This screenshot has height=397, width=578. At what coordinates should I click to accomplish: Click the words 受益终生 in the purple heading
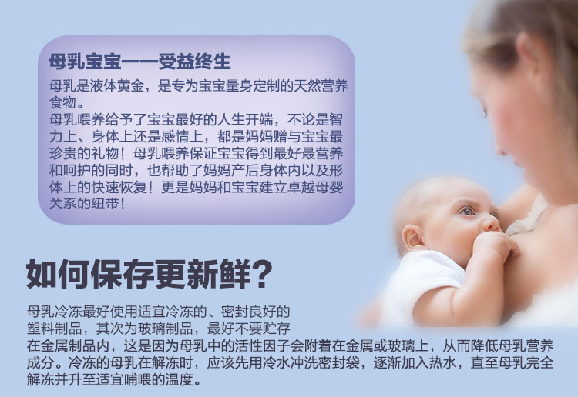(x=194, y=62)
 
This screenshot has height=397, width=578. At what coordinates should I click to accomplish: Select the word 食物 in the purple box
(x=62, y=102)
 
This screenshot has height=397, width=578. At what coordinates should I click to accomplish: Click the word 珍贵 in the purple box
(x=62, y=153)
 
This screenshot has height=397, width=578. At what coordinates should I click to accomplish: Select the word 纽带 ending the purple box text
(x=105, y=203)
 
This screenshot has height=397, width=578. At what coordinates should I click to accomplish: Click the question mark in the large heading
(x=263, y=275)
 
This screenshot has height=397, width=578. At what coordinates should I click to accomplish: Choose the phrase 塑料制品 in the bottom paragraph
(x=54, y=329)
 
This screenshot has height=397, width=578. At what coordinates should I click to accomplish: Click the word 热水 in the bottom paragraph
(x=442, y=363)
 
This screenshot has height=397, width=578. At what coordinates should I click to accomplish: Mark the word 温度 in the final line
(x=179, y=380)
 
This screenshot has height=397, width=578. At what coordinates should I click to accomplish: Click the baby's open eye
(x=468, y=211)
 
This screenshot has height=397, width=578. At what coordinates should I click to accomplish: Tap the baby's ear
(x=412, y=237)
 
